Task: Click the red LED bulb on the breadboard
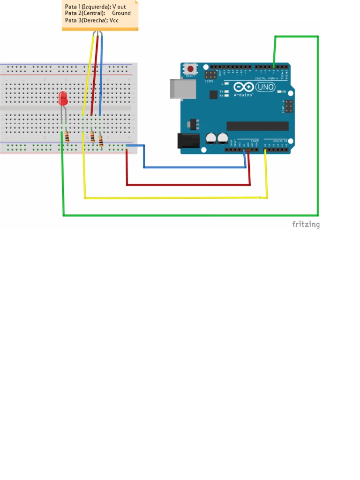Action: (x=63, y=98)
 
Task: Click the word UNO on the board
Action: (x=267, y=87)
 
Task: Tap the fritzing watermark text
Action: (x=306, y=225)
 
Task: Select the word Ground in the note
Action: (x=121, y=13)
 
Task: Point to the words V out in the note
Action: (x=119, y=7)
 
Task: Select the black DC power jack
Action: (x=187, y=142)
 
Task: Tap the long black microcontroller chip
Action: (x=257, y=126)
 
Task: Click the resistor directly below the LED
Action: (x=67, y=137)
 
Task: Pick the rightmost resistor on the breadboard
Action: (x=101, y=140)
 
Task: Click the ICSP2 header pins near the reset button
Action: (x=211, y=75)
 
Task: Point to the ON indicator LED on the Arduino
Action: (x=279, y=92)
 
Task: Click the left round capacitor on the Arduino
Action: (x=210, y=138)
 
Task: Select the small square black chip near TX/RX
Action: (x=214, y=95)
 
